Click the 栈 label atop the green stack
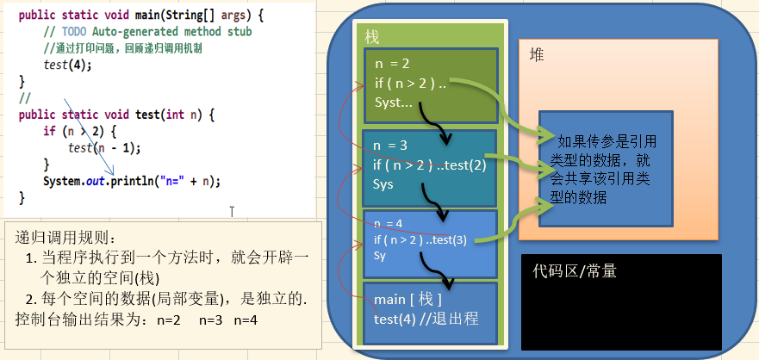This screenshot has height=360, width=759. (372, 37)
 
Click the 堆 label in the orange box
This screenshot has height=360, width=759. (537, 54)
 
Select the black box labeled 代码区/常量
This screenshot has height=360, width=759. (621, 301)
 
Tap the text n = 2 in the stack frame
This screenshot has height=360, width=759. (392, 64)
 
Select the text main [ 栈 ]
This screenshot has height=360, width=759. (408, 299)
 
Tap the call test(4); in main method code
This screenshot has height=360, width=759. (67, 65)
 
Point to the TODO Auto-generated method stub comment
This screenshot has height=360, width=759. (147, 31)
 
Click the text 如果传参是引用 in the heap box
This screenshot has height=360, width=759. (607, 142)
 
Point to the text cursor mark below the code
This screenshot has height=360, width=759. (232, 210)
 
